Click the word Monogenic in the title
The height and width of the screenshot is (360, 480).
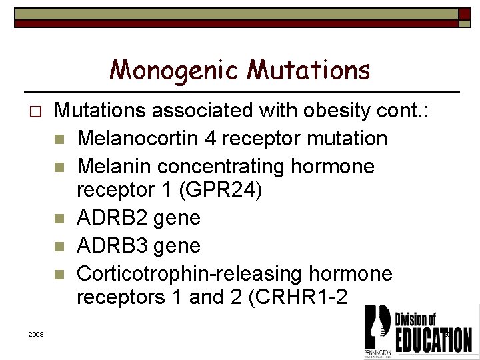(175, 70)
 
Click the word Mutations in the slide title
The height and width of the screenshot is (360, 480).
(309, 70)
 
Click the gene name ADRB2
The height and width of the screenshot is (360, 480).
(109, 218)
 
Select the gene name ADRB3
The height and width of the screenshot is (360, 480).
(109, 245)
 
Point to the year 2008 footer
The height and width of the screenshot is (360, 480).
(36, 333)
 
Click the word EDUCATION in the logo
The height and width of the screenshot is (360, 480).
(433, 339)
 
